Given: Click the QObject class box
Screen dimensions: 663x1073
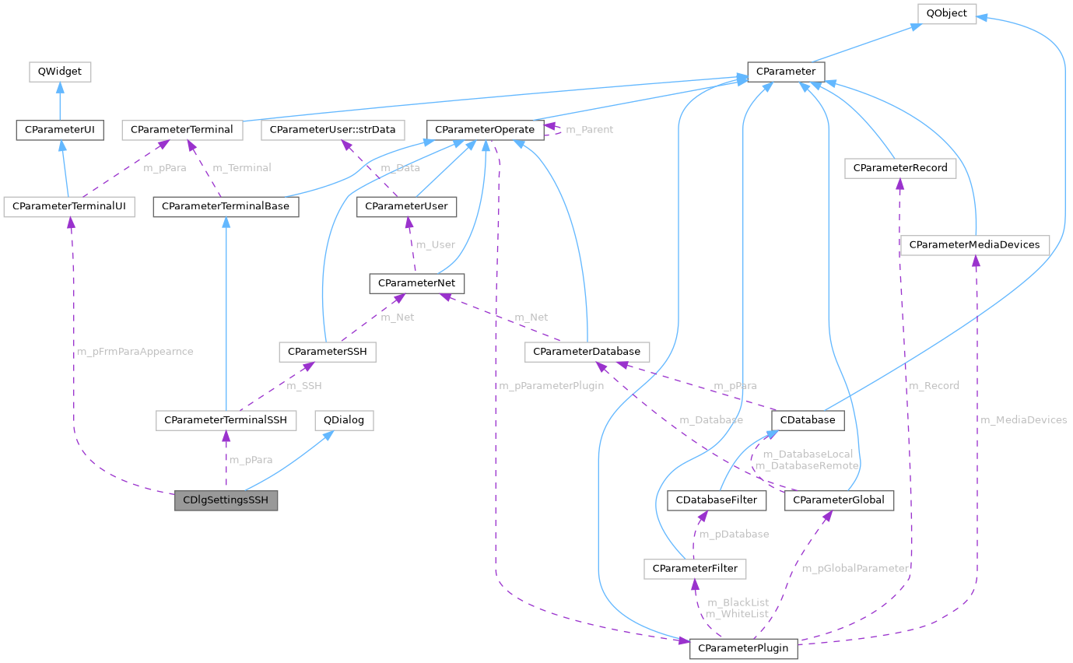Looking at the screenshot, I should click(x=946, y=13).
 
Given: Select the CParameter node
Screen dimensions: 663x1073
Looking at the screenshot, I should click(x=785, y=72).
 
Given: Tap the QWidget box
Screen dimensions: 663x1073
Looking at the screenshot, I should click(x=60, y=72).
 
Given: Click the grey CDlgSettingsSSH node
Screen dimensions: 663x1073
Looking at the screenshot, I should click(x=226, y=500).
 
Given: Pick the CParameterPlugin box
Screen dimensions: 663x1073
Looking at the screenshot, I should click(x=743, y=647).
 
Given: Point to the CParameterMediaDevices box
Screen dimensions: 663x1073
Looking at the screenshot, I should click(x=974, y=244).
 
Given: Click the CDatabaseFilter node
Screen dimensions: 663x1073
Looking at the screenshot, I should click(x=717, y=500).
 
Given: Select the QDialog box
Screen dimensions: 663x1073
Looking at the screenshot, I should click(x=344, y=420).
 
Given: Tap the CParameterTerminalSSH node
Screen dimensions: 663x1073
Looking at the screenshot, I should click(x=226, y=420).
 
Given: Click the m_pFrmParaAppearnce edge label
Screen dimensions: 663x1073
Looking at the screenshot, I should click(x=135, y=352).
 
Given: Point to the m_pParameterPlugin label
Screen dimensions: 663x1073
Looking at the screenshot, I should click(x=552, y=385).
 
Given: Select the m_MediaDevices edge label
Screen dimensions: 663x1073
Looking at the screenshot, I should click(x=1023, y=419).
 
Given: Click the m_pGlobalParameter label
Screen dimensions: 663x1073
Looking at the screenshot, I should click(x=855, y=568).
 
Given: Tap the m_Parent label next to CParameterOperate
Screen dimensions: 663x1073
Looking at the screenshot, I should click(x=589, y=129).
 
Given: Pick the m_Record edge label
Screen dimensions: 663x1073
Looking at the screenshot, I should click(x=934, y=385).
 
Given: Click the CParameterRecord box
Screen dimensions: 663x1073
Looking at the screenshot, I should click(x=900, y=167).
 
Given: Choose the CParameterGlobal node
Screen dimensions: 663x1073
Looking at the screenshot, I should click(x=840, y=500).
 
